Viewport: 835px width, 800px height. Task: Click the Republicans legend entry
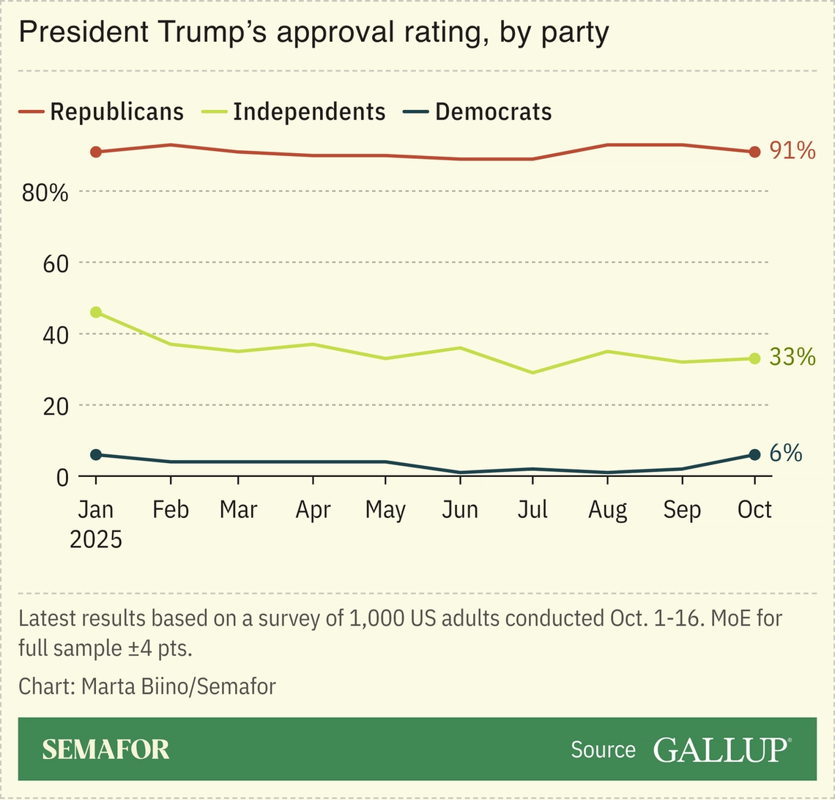(x=101, y=112)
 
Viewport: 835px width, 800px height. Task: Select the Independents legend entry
(x=294, y=112)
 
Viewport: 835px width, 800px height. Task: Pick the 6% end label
(x=785, y=454)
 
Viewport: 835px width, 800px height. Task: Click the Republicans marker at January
(x=96, y=152)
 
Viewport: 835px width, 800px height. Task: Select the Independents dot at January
(x=96, y=312)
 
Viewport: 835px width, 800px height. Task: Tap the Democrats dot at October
(x=754, y=455)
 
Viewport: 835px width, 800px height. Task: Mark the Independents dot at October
(x=754, y=358)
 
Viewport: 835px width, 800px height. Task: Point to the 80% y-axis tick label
(x=45, y=193)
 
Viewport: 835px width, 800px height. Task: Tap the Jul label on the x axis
(x=532, y=510)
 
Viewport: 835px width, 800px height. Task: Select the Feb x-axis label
(x=171, y=510)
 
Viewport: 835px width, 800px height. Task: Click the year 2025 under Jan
(x=96, y=538)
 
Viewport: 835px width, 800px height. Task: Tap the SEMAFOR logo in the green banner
(x=105, y=749)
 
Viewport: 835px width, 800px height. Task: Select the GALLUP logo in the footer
(x=721, y=749)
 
